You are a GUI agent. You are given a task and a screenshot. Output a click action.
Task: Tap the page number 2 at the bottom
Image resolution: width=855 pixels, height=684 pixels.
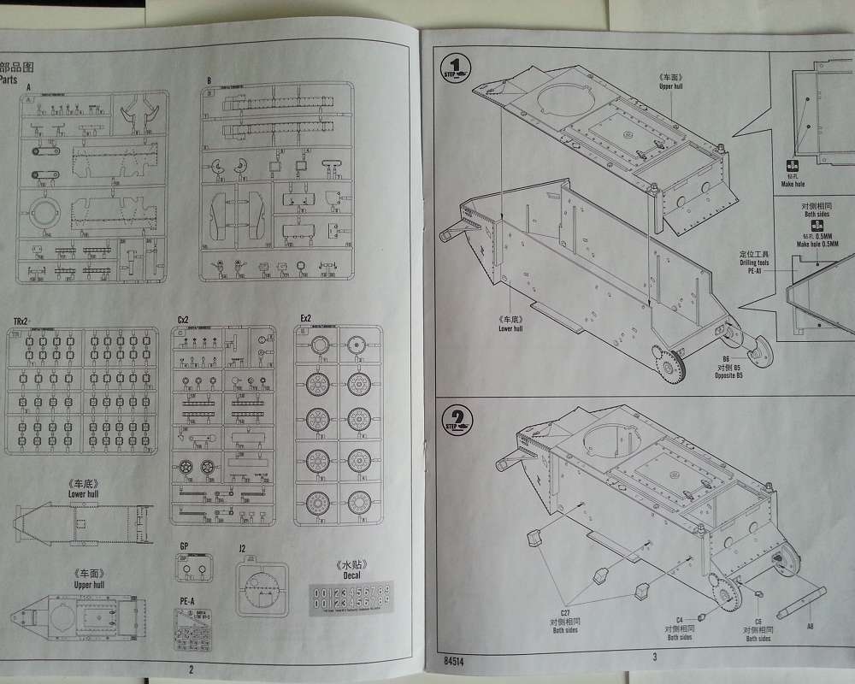tap(192, 670)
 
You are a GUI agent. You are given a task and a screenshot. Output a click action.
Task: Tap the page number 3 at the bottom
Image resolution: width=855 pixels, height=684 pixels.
tap(653, 657)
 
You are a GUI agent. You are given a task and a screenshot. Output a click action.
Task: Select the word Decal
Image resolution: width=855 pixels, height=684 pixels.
tap(351, 575)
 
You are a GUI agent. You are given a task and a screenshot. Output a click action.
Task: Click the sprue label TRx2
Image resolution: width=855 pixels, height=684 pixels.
tap(21, 320)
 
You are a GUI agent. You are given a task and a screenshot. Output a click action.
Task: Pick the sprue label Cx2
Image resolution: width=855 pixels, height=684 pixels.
tap(183, 319)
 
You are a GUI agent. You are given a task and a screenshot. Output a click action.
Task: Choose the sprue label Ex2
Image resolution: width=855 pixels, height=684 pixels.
tap(306, 319)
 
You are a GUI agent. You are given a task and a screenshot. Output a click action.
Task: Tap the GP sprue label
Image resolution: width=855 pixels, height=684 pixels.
tap(184, 545)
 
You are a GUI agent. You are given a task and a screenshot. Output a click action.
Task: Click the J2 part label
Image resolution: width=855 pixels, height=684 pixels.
tap(243, 547)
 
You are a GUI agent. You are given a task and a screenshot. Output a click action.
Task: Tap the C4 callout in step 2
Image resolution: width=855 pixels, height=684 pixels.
tap(680, 619)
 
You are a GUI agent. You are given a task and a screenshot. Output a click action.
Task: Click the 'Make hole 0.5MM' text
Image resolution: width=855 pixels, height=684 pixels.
tap(817, 244)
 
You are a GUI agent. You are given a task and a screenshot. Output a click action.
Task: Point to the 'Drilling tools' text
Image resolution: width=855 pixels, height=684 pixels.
tap(754, 262)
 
